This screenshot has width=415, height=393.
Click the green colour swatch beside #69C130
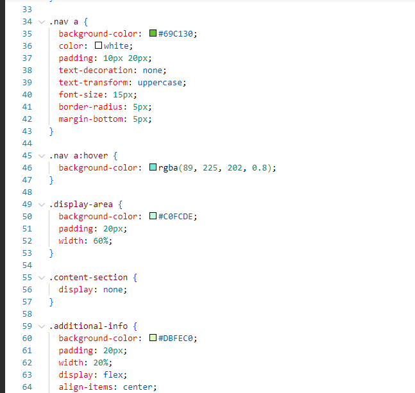[153, 33]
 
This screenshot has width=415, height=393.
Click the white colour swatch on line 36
[98, 46]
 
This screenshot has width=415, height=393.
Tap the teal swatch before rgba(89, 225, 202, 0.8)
[153, 167]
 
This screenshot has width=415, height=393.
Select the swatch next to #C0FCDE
[153, 216]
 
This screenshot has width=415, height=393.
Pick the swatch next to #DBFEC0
[153, 337]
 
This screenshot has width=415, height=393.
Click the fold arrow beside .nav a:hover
[42, 156]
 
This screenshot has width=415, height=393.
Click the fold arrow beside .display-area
[42, 205]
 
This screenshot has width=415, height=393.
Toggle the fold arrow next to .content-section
[42, 278]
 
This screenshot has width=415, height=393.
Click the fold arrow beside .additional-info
[42, 326]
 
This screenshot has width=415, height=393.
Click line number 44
[27, 144]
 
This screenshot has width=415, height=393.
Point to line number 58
[27, 314]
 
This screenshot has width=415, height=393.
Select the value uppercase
[160, 83]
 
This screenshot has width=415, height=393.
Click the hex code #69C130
[176, 33]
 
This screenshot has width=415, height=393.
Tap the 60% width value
[101, 240]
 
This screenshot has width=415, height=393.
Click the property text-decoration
[96, 70]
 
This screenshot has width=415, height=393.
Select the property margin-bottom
[90, 119]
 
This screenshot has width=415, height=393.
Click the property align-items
[85, 387]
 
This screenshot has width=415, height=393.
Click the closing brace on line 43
[51, 131]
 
